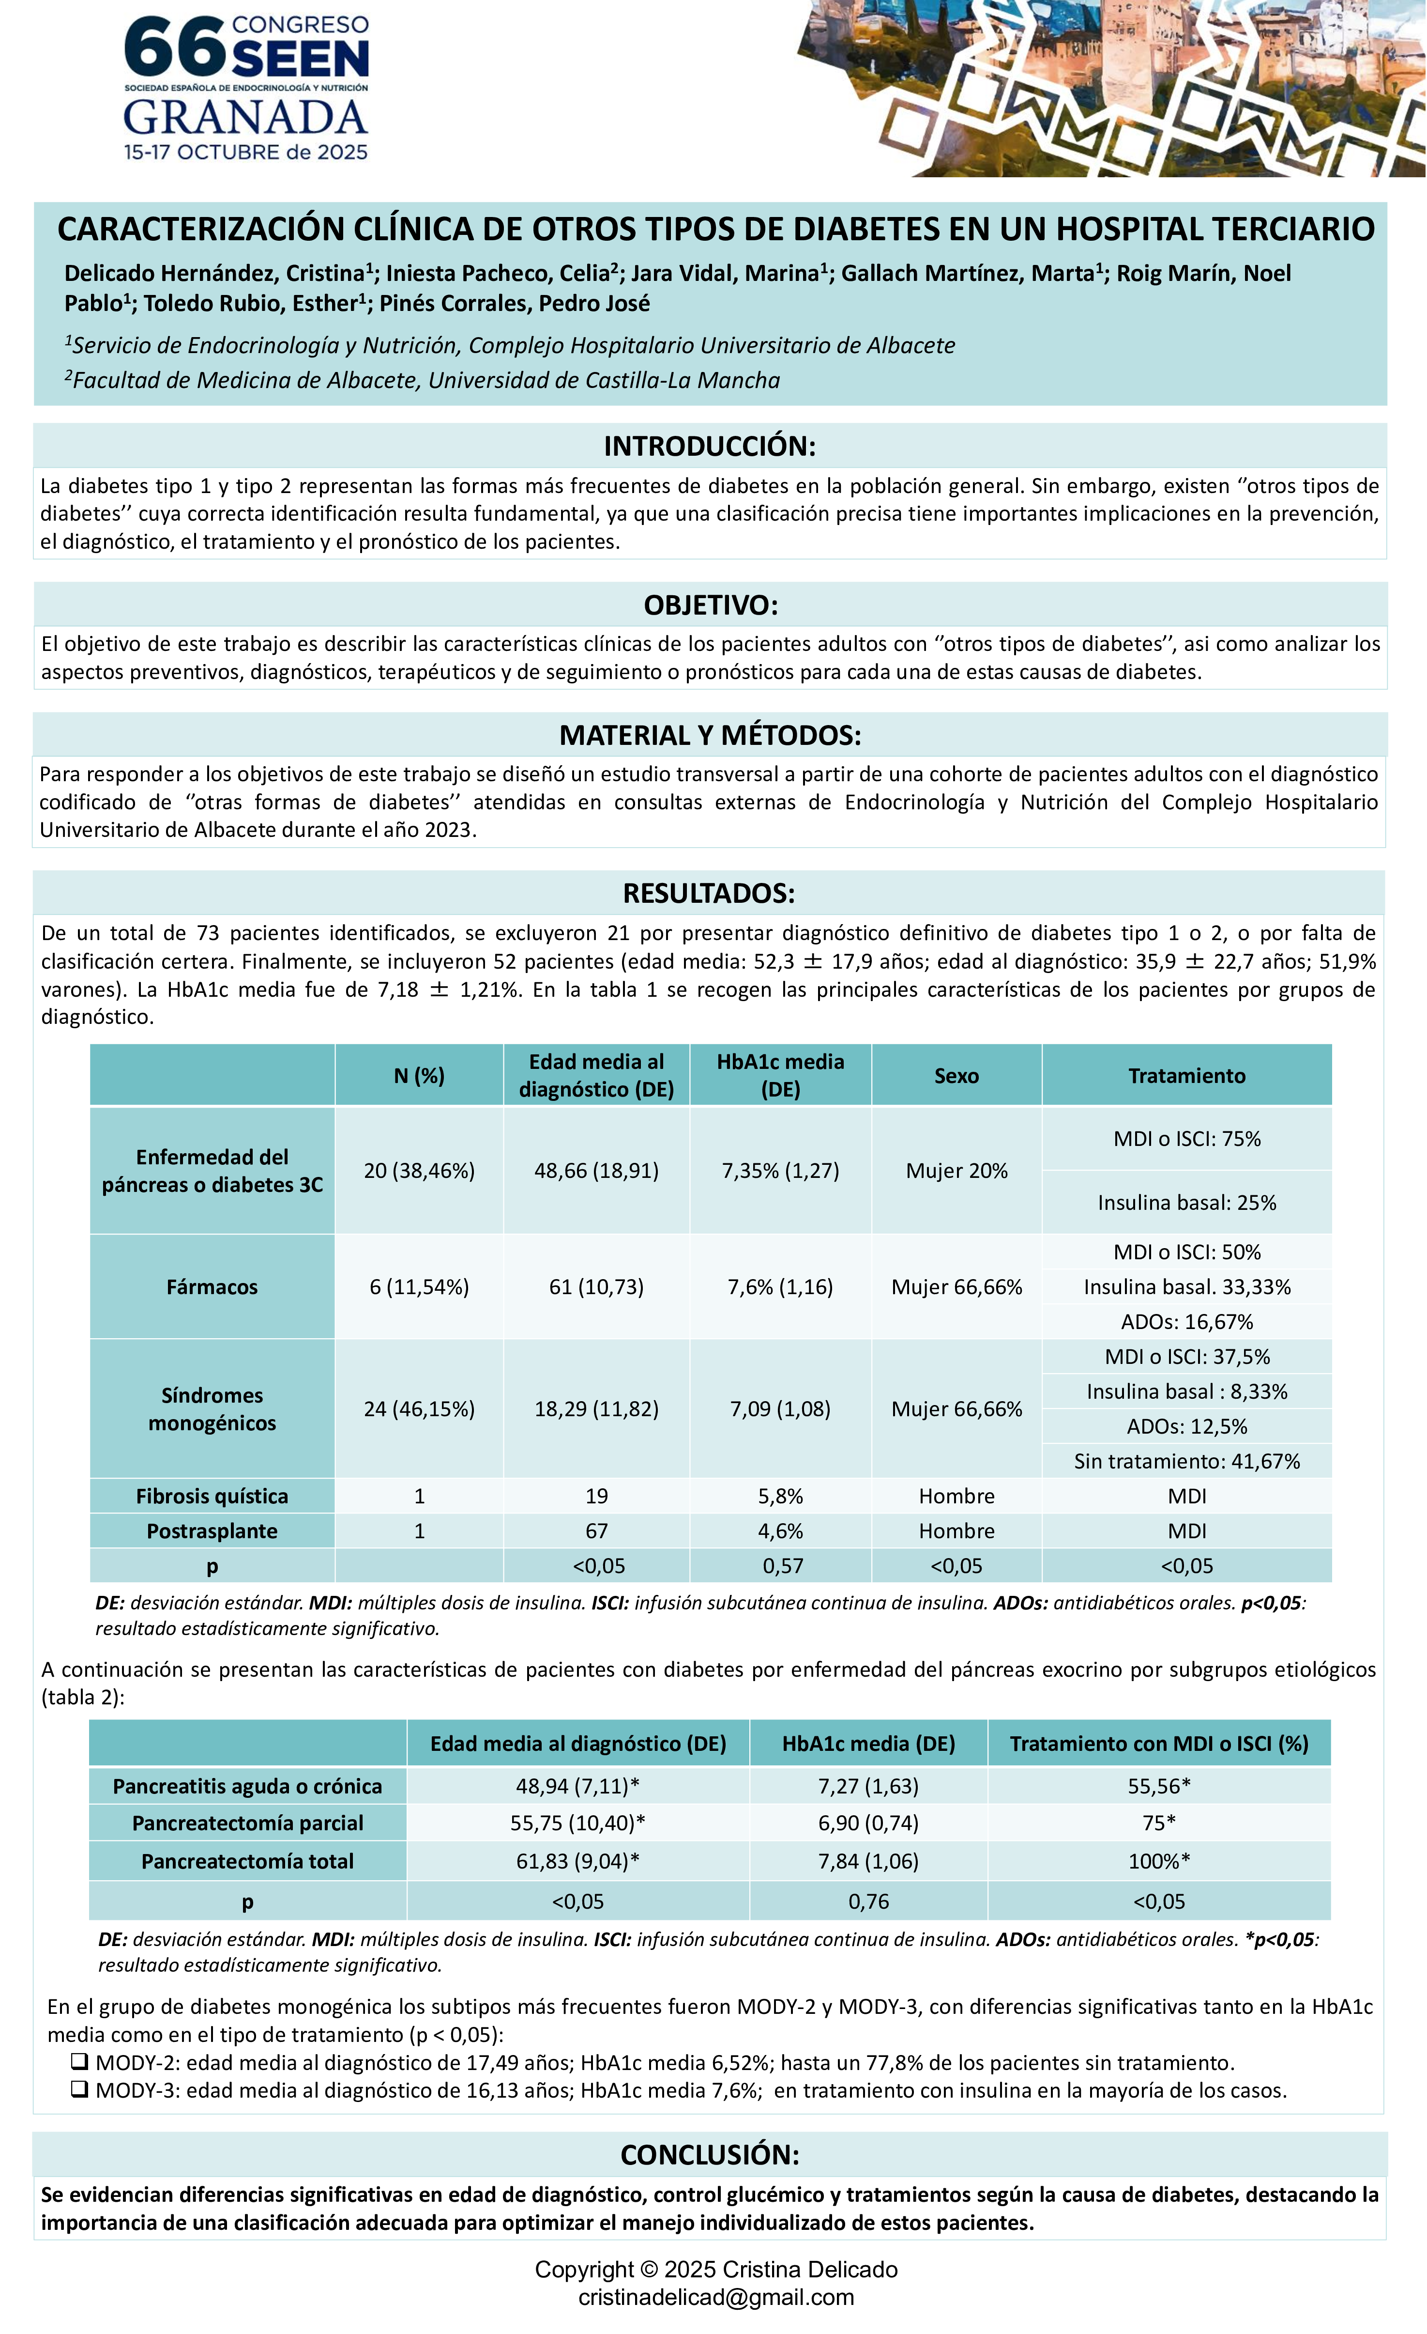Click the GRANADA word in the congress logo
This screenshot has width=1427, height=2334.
[245, 118]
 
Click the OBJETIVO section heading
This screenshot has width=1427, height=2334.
[710, 605]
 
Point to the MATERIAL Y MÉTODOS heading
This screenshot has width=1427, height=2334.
[710, 735]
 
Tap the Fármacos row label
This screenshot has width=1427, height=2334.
[212, 1286]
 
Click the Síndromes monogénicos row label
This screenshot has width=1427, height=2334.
[212, 1408]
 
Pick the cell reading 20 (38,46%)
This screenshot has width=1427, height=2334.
[420, 1171]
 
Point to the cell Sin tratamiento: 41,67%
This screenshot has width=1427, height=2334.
[1186, 1461]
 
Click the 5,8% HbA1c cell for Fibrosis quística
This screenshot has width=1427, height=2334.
[780, 1496]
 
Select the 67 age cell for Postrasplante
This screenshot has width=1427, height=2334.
[596, 1531]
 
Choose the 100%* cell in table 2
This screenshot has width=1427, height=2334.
[1159, 1861]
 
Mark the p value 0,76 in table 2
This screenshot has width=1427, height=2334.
[868, 1901]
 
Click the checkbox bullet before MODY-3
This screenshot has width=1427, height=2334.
[79, 2090]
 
